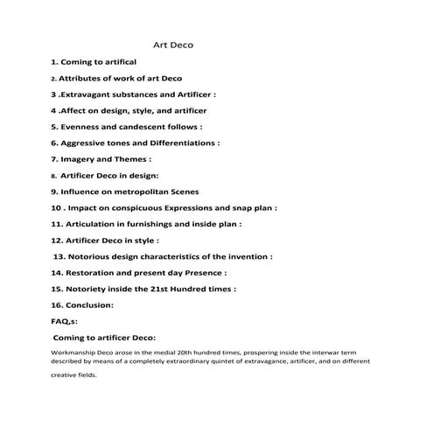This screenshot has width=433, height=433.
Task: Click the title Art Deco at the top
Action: pyautogui.click(x=173, y=43)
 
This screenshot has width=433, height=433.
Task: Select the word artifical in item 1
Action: pyautogui.click(x=113, y=62)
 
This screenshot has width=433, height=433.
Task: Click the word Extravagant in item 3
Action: pyautogui.click(x=92, y=94)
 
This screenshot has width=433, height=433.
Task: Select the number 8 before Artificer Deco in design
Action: pyautogui.click(x=53, y=176)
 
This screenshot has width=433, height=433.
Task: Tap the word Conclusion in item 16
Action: pyautogui.click(x=90, y=305)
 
